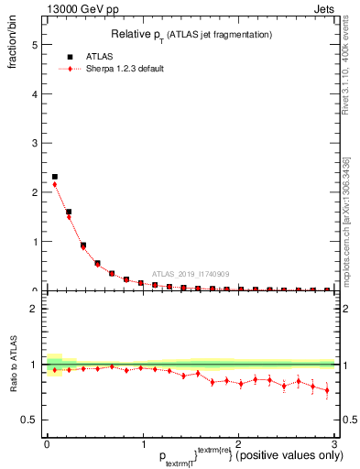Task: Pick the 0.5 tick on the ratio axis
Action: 29,420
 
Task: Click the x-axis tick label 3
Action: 333,446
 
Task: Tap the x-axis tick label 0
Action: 48,446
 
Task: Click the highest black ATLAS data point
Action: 55,177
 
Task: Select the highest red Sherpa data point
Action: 55,184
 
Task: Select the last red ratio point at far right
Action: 326,390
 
